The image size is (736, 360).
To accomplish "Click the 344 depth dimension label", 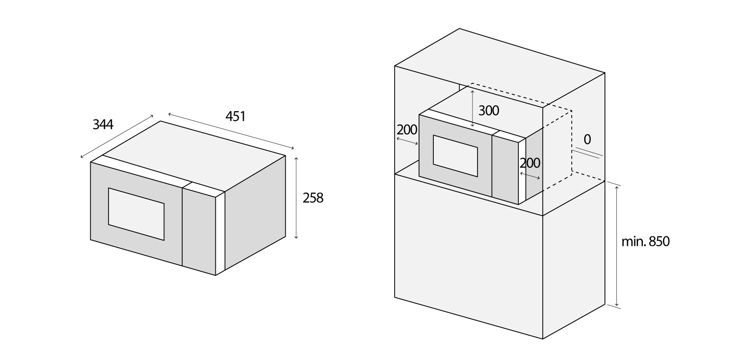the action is tap(103, 124).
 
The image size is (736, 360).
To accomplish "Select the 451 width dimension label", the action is tap(236, 116).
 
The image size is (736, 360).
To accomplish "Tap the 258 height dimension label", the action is tap(313, 198).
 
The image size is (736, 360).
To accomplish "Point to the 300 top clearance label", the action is tap(489, 110).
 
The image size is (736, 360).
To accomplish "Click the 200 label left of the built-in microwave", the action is tap(407, 130).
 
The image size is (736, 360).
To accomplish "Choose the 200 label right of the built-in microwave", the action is tap(530, 163).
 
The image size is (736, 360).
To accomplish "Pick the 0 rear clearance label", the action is tap(587, 139).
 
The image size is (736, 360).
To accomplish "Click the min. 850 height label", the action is tap(645, 241).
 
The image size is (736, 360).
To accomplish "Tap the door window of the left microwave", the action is tap(136, 214).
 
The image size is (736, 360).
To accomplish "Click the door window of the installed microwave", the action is tap(455, 156).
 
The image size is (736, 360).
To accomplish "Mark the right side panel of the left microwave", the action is tap(255, 215).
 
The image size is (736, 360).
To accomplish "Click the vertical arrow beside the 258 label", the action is tap(296, 198).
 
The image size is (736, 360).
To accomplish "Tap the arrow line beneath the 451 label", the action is tap(231, 131).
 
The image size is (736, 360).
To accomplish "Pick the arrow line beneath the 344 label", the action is tap(117, 137).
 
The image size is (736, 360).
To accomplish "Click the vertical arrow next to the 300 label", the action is tap(472, 109).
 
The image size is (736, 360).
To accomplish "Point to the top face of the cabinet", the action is tap(500, 69).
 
